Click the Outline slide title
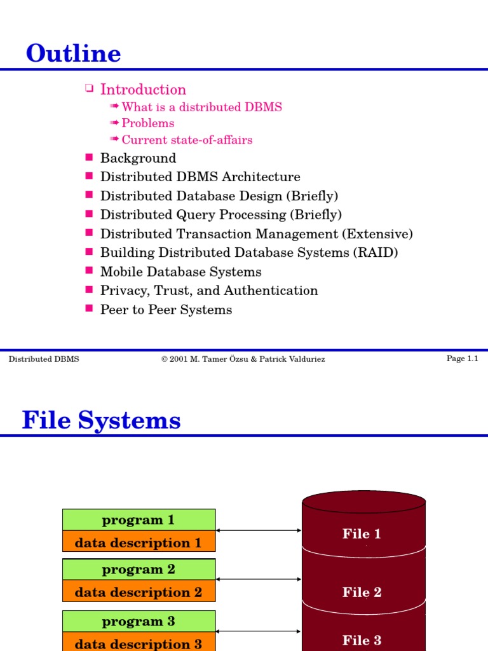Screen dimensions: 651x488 [x=73, y=53]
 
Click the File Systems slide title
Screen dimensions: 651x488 [x=101, y=420]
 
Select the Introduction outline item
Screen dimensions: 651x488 [x=143, y=90]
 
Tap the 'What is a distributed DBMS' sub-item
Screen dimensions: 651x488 [x=201, y=107]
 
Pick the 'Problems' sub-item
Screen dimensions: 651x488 [x=147, y=123]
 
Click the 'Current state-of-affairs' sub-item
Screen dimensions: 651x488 [x=187, y=140]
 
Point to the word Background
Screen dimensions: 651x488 [x=138, y=158]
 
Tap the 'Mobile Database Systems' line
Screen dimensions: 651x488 [x=180, y=272]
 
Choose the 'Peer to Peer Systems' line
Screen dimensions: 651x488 [x=166, y=310]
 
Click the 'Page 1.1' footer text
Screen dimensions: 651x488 [x=462, y=359]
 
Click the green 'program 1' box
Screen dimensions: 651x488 [x=139, y=519]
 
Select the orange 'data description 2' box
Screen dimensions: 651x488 [x=139, y=593]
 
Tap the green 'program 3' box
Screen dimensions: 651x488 [x=139, y=621]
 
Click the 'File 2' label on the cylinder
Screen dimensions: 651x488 [x=362, y=593]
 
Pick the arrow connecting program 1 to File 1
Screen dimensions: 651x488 [x=259, y=530]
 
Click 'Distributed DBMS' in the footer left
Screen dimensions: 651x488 [x=44, y=359]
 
